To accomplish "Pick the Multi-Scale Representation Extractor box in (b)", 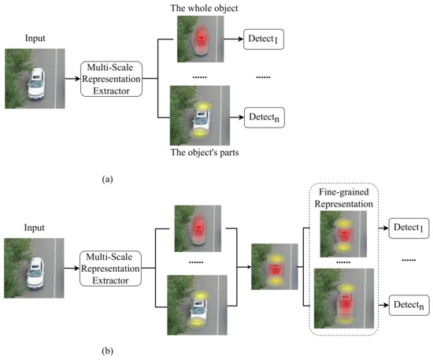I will (112, 267).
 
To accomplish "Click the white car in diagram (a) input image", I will (37, 80).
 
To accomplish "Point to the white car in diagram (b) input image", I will (37, 269).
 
